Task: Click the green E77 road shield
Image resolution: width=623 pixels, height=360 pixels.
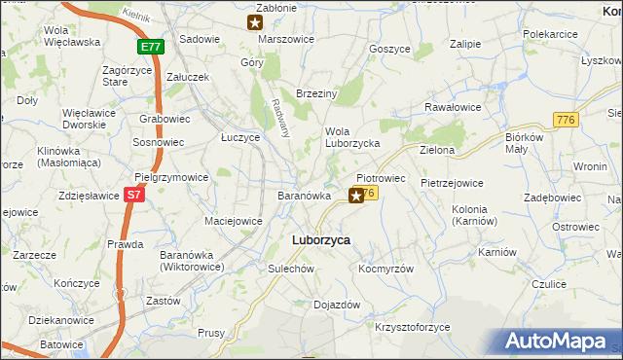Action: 150,46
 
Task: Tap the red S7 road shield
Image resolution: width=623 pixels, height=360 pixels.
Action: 136,195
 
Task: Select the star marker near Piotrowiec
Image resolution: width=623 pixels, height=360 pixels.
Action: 356,197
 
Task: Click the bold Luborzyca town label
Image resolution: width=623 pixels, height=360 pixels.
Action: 321,239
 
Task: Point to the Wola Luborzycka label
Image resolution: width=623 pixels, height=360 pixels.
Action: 351,137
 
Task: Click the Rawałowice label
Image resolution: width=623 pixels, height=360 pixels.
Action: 454,108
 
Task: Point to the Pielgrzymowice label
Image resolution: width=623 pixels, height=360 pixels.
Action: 171,178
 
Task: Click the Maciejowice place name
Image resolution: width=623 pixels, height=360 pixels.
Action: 233,221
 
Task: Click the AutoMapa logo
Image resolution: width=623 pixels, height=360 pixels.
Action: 558,342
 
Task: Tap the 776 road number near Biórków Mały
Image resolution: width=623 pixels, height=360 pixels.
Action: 565,119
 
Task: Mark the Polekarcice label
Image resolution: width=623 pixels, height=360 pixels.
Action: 551,33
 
